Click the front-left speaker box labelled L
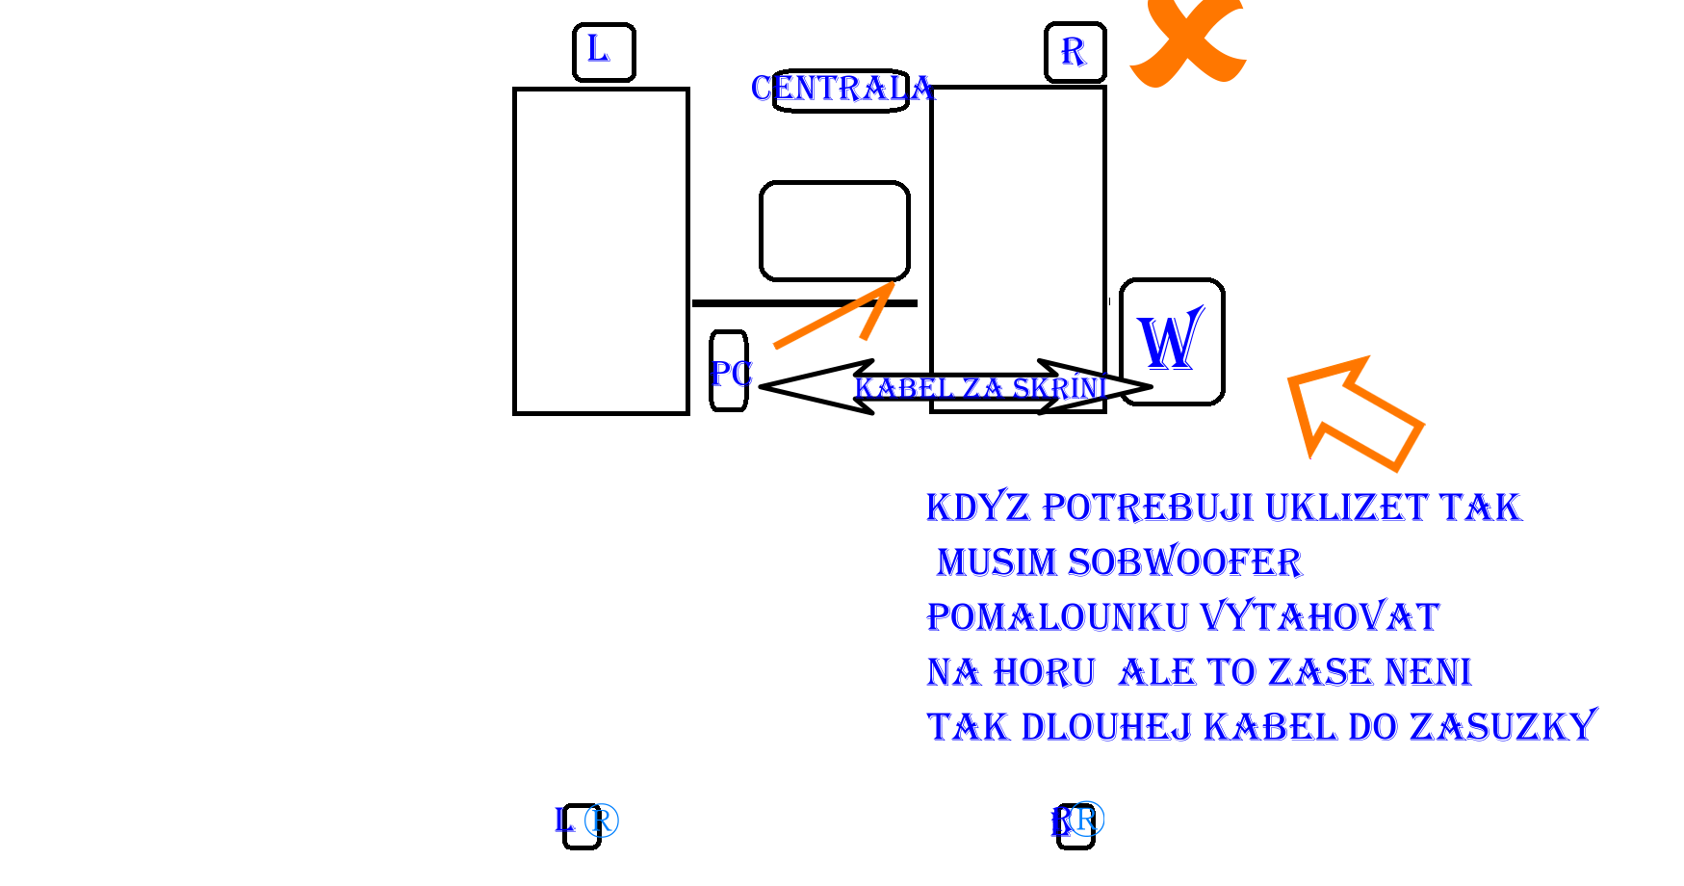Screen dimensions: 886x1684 (x=604, y=52)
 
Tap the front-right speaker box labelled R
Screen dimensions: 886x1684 (x=1075, y=52)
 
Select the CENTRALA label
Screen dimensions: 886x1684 (x=842, y=90)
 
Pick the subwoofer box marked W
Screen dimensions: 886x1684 (x=1172, y=342)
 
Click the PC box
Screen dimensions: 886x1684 (x=729, y=372)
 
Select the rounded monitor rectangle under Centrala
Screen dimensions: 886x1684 (x=835, y=231)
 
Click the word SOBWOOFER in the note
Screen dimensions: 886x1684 (x=1184, y=562)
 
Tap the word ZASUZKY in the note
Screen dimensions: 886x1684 (x=1502, y=727)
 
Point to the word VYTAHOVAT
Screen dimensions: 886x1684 (x=1320, y=617)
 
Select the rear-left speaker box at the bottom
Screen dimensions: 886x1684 (x=582, y=826)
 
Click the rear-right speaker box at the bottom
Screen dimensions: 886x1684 (x=1075, y=826)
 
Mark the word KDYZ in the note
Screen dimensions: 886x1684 (x=977, y=508)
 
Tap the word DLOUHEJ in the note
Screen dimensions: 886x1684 (x=1106, y=727)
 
